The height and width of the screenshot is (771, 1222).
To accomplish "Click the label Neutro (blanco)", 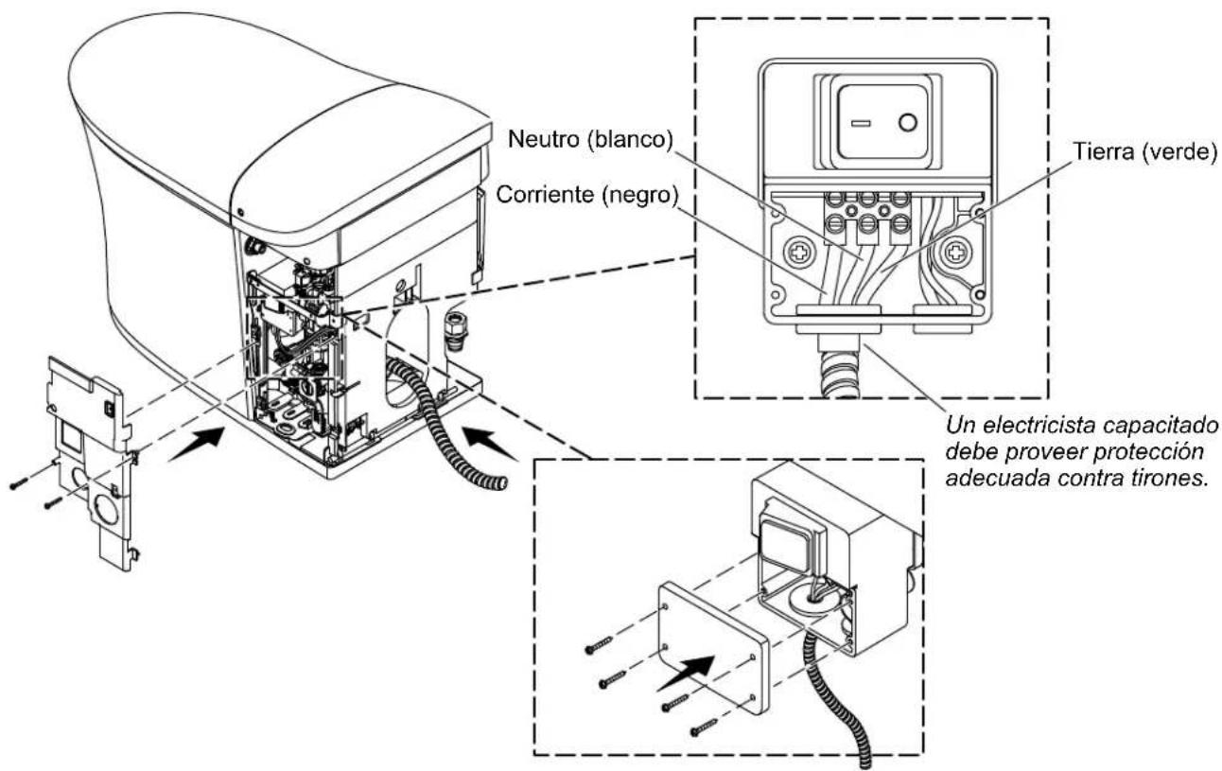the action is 590,140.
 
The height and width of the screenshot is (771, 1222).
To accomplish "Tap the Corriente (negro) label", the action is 587,195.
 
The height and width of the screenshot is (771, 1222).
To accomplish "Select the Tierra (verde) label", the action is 1145,152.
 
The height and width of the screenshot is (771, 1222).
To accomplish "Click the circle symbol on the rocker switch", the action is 908,122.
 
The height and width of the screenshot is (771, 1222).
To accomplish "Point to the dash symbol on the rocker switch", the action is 861,123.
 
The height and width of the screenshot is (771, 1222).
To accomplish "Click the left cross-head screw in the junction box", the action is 799,253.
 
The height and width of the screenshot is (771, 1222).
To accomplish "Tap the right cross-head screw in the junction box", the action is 954,253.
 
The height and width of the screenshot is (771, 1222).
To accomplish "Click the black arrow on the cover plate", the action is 686,673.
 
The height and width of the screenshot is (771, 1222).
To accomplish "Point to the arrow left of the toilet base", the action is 197,444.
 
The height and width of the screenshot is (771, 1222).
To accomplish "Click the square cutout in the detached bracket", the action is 71,436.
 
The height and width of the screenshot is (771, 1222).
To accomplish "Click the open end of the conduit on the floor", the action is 498,482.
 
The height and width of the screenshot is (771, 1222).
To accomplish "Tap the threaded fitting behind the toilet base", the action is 453,331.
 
